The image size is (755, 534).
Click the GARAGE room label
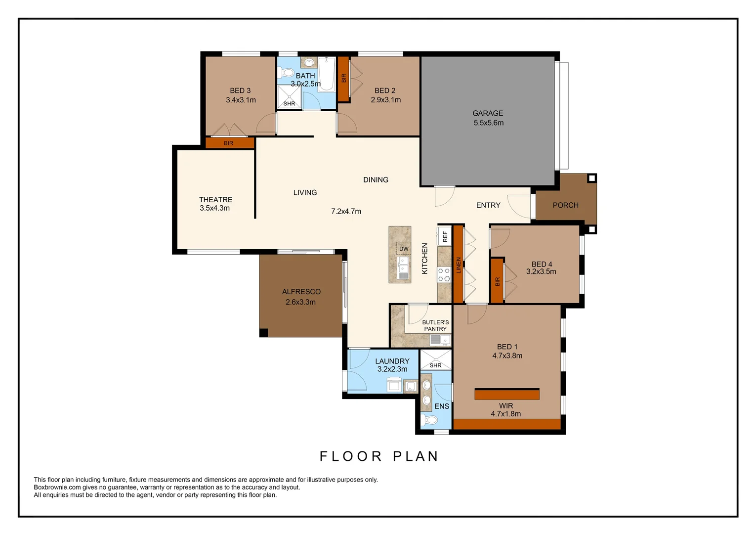(x=488, y=113)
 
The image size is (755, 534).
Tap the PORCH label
(x=565, y=205)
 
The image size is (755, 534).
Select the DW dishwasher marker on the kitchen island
(x=404, y=249)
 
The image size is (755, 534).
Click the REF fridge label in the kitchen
(x=445, y=236)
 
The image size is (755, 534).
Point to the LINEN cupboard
(x=459, y=265)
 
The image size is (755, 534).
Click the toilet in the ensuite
(x=430, y=420)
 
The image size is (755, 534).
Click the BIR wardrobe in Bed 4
(x=497, y=281)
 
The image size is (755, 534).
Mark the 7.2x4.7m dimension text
(x=346, y=212)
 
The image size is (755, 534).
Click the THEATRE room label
(x=215, y=200)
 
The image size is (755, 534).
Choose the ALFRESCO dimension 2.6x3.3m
(x=300, y=302)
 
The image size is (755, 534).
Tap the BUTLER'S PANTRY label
(x=435, y=325)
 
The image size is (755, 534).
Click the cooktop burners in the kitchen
(x=444, y=275)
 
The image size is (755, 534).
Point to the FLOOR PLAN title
(x=379, y=456)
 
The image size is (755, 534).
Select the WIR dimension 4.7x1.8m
(x=505, y=414)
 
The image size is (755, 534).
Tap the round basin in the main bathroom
(x=309, y=63)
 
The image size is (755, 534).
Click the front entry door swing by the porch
(x=519, y=206)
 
